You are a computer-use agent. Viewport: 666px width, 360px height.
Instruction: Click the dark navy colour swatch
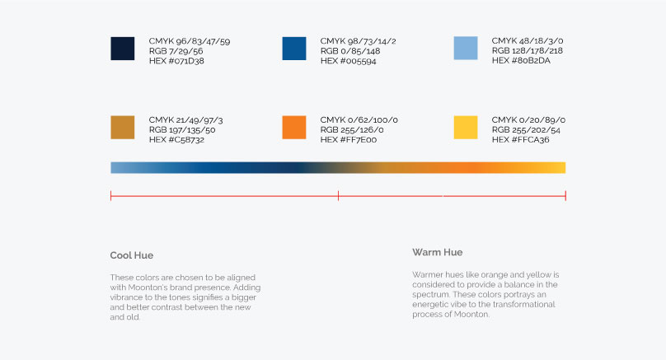[122, 49]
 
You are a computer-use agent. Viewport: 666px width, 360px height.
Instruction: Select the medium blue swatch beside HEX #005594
[294, 49]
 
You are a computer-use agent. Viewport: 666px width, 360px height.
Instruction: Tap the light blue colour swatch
[466, 48]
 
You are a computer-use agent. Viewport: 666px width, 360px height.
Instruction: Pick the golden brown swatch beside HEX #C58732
[122, 128]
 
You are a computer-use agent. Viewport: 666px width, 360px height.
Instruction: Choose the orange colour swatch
[294, 128]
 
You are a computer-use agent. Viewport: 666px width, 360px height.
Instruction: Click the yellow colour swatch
[466, 128]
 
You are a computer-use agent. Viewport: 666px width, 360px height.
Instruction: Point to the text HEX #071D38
[176, 61]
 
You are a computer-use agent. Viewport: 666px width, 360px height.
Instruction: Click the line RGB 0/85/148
[350, 51]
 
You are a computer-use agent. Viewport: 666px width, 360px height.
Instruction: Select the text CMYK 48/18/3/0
[527, 40]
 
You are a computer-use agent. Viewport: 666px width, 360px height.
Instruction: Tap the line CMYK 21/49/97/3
[185, 120]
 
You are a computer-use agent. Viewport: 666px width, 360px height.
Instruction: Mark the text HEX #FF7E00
[349, 140]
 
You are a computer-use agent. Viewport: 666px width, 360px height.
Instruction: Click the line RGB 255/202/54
[526, 130]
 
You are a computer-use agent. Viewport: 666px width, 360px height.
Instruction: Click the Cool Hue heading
[132, 255]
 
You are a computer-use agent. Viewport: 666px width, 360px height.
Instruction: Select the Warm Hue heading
[437, 252]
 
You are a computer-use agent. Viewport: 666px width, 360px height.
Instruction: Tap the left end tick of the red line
[110, 196]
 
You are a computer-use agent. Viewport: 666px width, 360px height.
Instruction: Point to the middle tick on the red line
[338, 196]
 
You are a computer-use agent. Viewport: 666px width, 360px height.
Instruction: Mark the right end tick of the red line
[565, 196]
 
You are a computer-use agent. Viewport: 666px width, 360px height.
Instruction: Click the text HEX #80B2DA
[521, 60]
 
